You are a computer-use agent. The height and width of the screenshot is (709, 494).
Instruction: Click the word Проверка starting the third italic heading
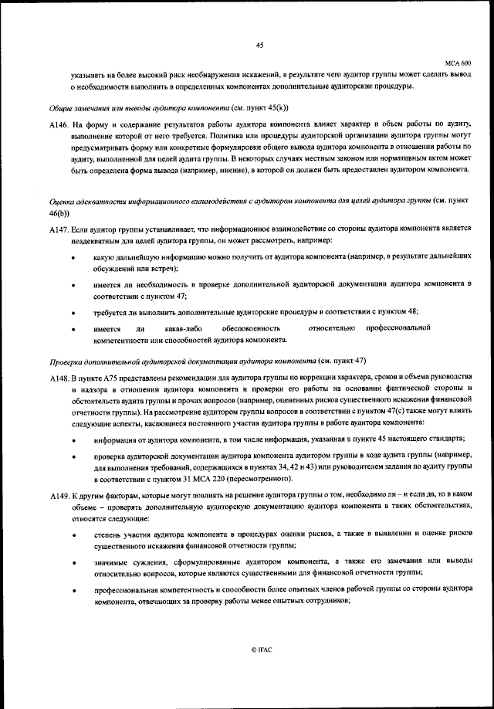(66, 361)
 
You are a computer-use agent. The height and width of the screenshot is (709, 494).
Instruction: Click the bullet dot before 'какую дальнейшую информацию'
(73, 256)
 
